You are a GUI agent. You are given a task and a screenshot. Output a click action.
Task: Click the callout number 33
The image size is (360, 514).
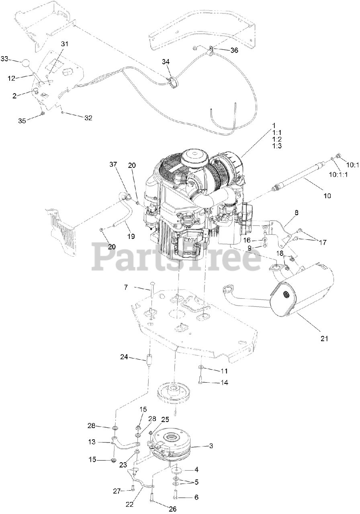pos(4,59)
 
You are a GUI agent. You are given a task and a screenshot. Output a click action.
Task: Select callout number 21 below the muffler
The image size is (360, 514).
pos(324,339)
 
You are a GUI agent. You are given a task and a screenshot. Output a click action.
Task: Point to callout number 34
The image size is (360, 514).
pos(166,61)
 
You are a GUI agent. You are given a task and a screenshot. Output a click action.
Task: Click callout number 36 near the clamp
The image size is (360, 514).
pos(234,50)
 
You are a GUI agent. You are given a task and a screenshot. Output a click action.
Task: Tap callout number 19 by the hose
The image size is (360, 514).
pos(131,237)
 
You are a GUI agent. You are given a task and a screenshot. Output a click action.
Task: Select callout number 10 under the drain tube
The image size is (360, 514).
pos(327,196)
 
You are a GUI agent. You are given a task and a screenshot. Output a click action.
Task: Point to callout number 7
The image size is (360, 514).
pos(126,287)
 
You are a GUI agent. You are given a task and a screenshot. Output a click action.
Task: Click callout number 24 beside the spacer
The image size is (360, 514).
pos(124,357)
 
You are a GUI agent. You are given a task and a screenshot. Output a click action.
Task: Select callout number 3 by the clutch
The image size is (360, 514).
pos(211,446)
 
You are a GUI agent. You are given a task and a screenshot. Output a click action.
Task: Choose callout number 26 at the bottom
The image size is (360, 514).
pos(172,509)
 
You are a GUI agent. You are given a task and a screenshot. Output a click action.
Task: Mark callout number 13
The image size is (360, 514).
pos(92,442)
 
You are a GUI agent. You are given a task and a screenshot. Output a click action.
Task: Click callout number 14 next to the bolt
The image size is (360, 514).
pos(224,383)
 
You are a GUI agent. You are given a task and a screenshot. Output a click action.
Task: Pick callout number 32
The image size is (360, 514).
pos(88,118)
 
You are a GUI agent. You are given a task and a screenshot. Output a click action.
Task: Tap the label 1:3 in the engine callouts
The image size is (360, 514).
pos(276,146)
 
